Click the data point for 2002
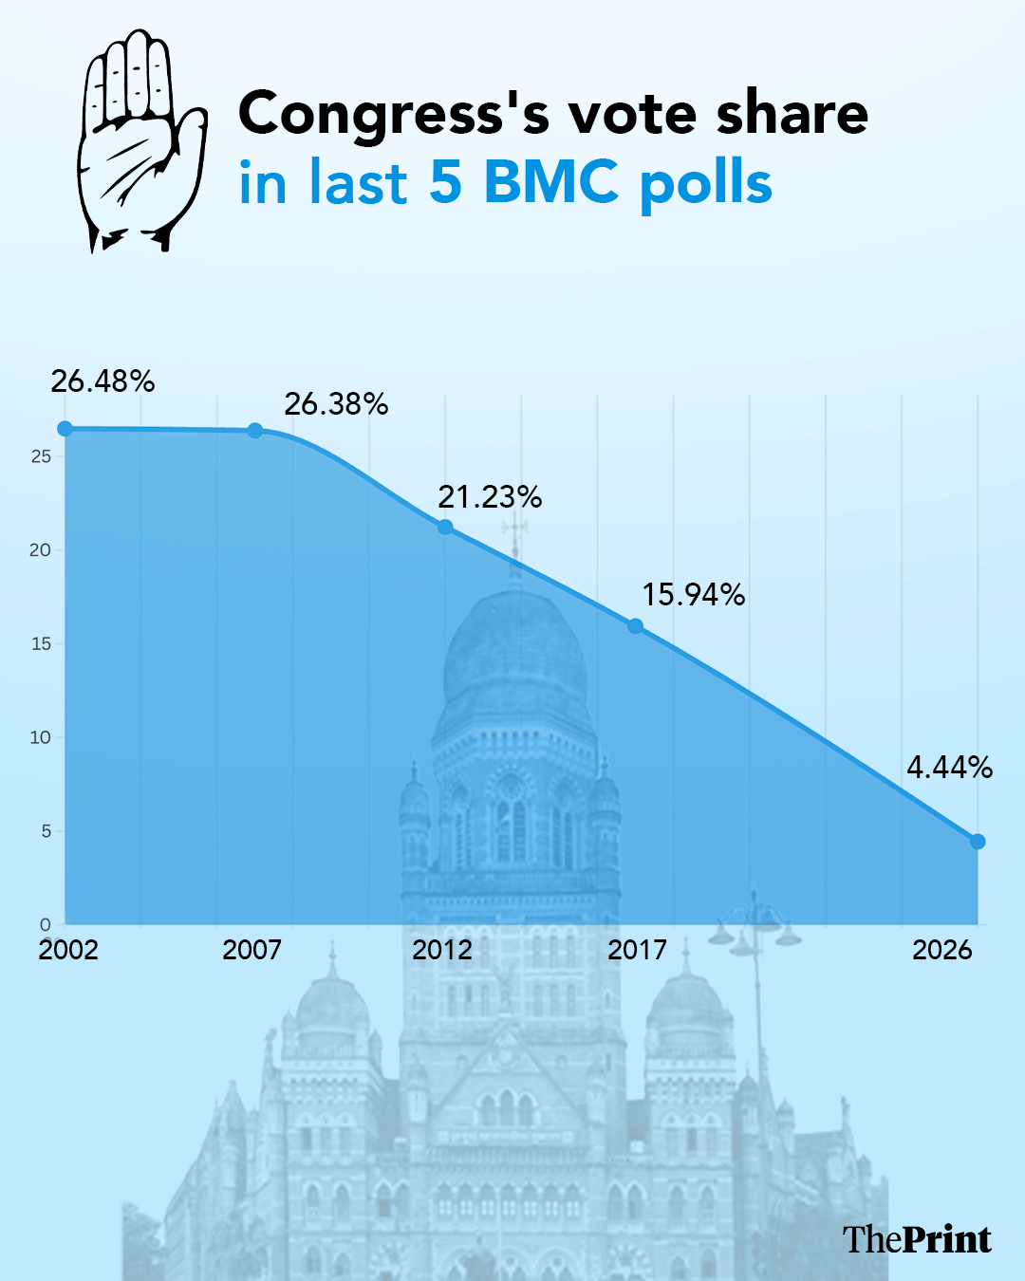click(x=65, y=429)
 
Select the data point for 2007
click(x=255, y=431)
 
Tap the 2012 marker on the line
click(x=445, y=527)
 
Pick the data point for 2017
click(x=636, y=626)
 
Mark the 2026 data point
click(x=978, y=842)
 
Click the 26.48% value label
click(x=102, y=381)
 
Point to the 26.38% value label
click(x=336, y=404)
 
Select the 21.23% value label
click(x=490, y=496)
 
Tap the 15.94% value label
click(x=693, y=595)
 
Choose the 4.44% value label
click(x=949, y=767)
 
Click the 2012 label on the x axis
click(x=442, y=950)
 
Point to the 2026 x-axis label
click(x=942, y=950)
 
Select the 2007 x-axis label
click(x=252, y=950)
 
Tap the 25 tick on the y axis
click(x=40, y=456)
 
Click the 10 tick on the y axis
click(x=40, y=737)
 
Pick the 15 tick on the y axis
click(x=40, y=643)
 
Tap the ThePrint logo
click(x=917, y=1239)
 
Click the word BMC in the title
click(x=551, y=181)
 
